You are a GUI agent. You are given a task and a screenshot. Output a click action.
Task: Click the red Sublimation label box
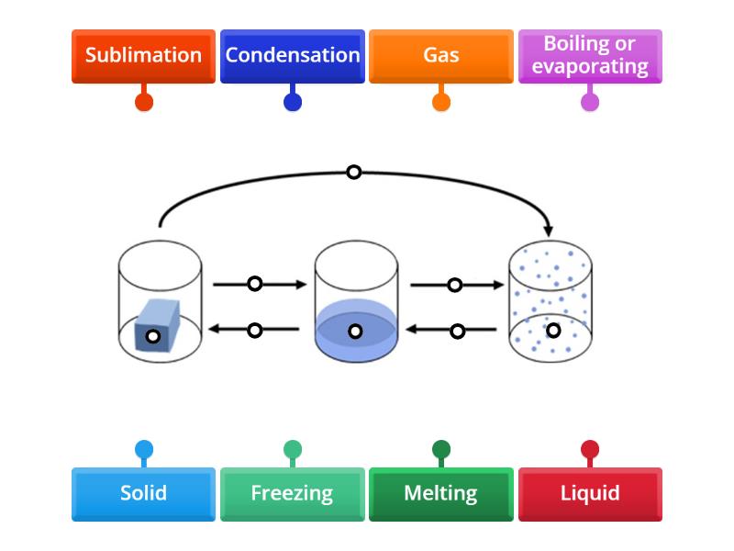(x=143, y=56)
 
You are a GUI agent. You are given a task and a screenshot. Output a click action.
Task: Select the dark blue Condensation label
(x=293, y=56)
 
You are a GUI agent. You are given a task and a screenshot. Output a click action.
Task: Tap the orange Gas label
(x=441, y=56)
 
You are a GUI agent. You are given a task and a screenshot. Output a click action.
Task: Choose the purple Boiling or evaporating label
(x=590, y=56)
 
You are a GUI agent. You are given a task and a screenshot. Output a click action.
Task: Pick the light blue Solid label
(x=143, y=494)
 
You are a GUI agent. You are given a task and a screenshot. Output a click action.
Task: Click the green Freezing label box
(x=293, y=494)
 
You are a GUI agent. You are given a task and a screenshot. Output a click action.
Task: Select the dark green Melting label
(x=441, y=494)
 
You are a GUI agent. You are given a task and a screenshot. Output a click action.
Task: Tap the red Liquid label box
(x=590, y=494)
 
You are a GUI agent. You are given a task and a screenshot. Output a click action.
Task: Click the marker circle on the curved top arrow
(x=353, y=172)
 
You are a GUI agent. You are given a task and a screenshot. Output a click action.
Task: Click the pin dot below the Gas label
(x=441, y=102)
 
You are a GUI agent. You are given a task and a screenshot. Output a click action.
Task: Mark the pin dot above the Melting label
(x=441, y=450)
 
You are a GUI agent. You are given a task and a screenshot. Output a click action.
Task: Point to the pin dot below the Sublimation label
(x=144, y=102)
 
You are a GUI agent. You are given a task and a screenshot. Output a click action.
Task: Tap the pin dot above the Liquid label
(x=590, y=450)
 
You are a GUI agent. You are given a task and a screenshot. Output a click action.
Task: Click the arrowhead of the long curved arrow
(x=549, y=229)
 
